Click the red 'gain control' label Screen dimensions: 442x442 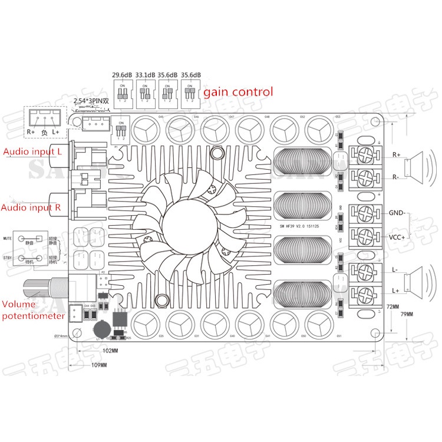pyautogui.click(x=238, y=92)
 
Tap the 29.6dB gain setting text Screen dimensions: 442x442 pyautogui.click(x=123, y=75)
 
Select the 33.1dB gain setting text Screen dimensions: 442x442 pyautogui.click(x=146, y=75)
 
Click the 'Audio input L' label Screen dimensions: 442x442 pyautogui.click(x=32, y=151)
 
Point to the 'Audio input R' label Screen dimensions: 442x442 pyautogui.click(x=32, y=207)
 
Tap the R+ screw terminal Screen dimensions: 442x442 pyautogui.click(x=364, y=155)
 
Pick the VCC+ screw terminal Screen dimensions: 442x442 pyautogui.click(x=364, y=235)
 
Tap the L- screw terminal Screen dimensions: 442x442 pyautogui.click(x=364, y=269)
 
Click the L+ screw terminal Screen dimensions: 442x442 pyautogui.click(x=364, y=292)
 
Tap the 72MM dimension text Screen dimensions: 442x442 pyautogui.click(x=392, y=306)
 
